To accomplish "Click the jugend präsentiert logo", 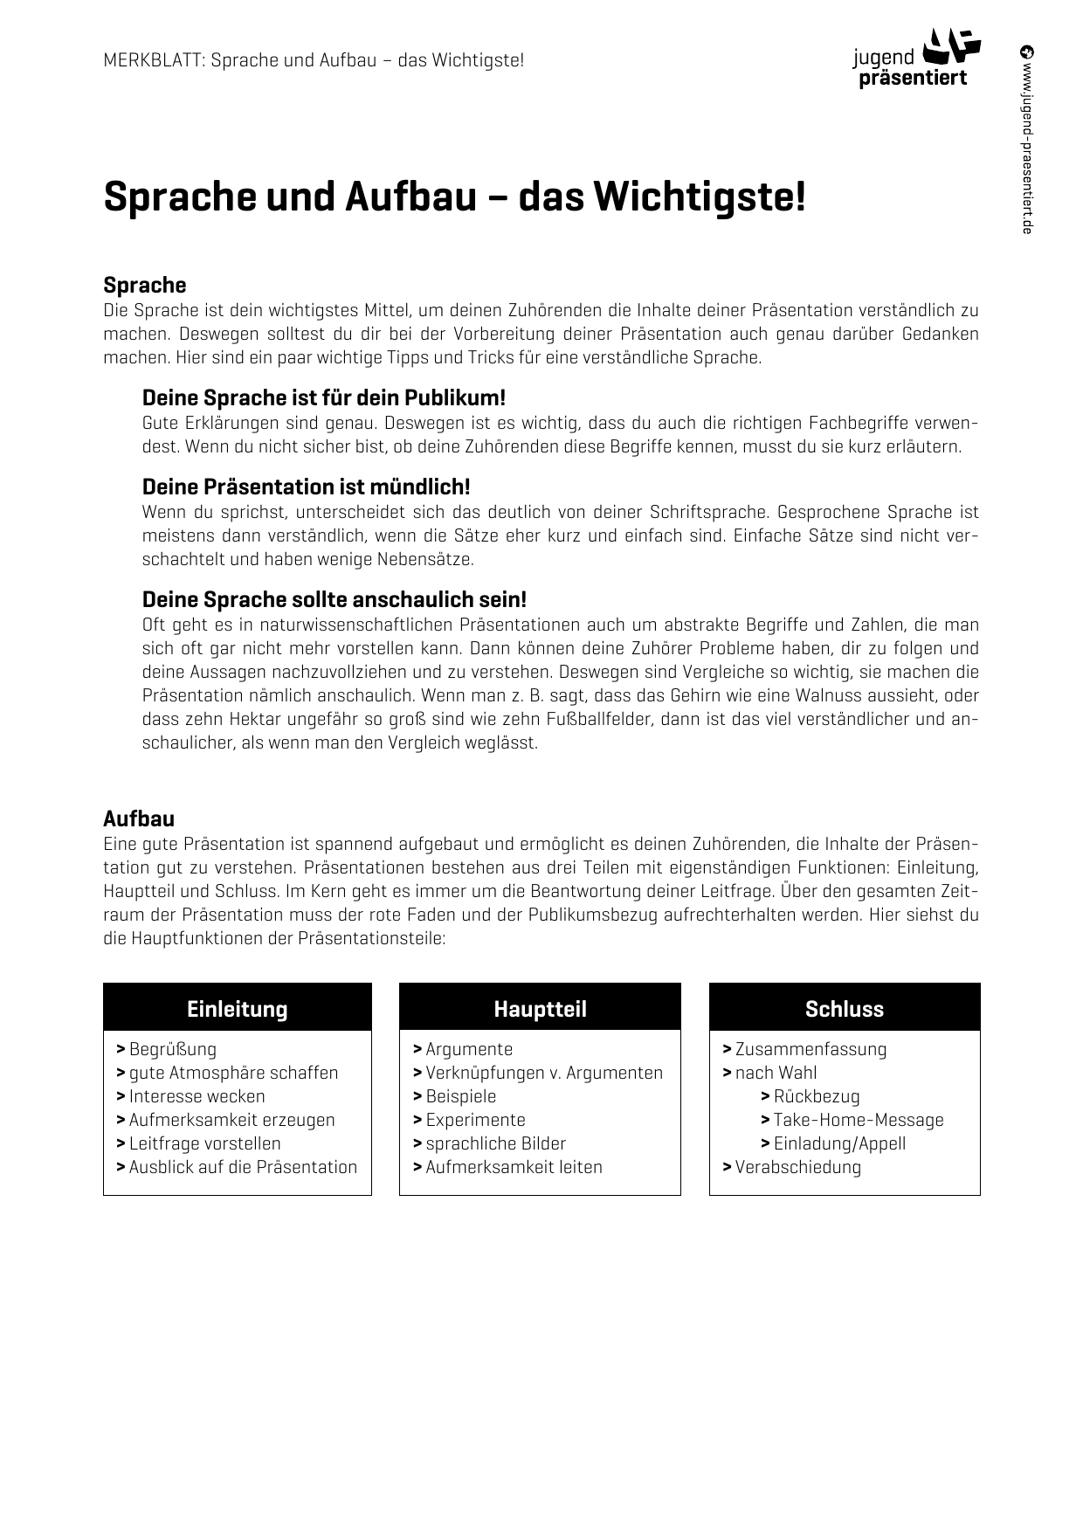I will (x=915, y=59).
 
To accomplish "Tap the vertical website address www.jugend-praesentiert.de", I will (x=1027, y=140).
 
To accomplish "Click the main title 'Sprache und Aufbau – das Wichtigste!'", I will (x=454, y=197).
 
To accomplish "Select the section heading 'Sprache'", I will (x=145, y=286).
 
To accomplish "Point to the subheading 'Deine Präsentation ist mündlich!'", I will (x=306, y=487).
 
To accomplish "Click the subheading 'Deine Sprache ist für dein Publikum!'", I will (x=324, y=398).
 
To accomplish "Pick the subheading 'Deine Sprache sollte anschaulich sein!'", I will (x=335, y=600).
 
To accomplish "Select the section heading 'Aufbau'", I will (x=139, y=819).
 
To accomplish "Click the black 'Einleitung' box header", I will (x=238, y=1009).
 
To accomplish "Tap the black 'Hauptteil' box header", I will (x=540, y=1009).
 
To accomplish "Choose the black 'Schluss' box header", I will (x=845, y=1009).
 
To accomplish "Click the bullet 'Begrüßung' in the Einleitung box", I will (x=172, y=1050).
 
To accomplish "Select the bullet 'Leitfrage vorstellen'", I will (x=204, y=1144).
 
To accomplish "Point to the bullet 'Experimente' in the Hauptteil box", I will (x=475, y=1121).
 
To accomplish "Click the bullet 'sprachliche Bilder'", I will (x=495, y=1144).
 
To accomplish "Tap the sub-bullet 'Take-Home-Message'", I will (x=858, y=1121).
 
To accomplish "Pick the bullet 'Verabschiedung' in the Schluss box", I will (x=797, y=1168).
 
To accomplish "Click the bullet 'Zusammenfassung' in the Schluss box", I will (x=810, y=1050).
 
